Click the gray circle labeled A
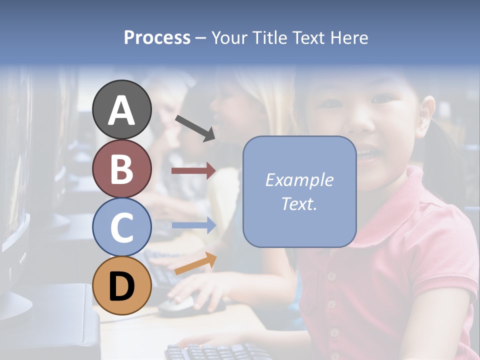click(121, 109)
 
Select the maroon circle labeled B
click(121, 168)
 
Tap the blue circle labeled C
click(121, 227)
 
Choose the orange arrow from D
click(195, 263)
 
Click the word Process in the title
click(157, 37)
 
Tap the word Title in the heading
click(265, 37)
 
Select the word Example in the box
click(299, 180)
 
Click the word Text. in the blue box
click(299, 203)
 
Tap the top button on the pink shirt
click(330, 276)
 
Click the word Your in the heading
click(228, 37)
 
